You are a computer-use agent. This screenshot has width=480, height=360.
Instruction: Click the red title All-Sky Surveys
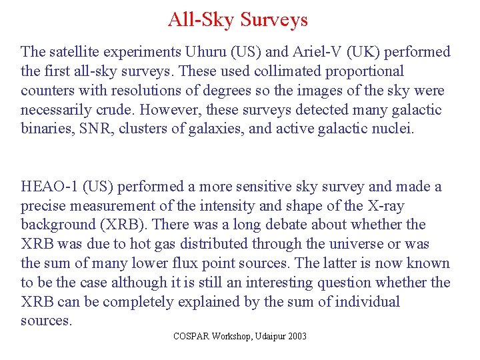coord(237,19)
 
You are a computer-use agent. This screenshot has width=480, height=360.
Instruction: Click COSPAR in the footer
coord(191,337)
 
